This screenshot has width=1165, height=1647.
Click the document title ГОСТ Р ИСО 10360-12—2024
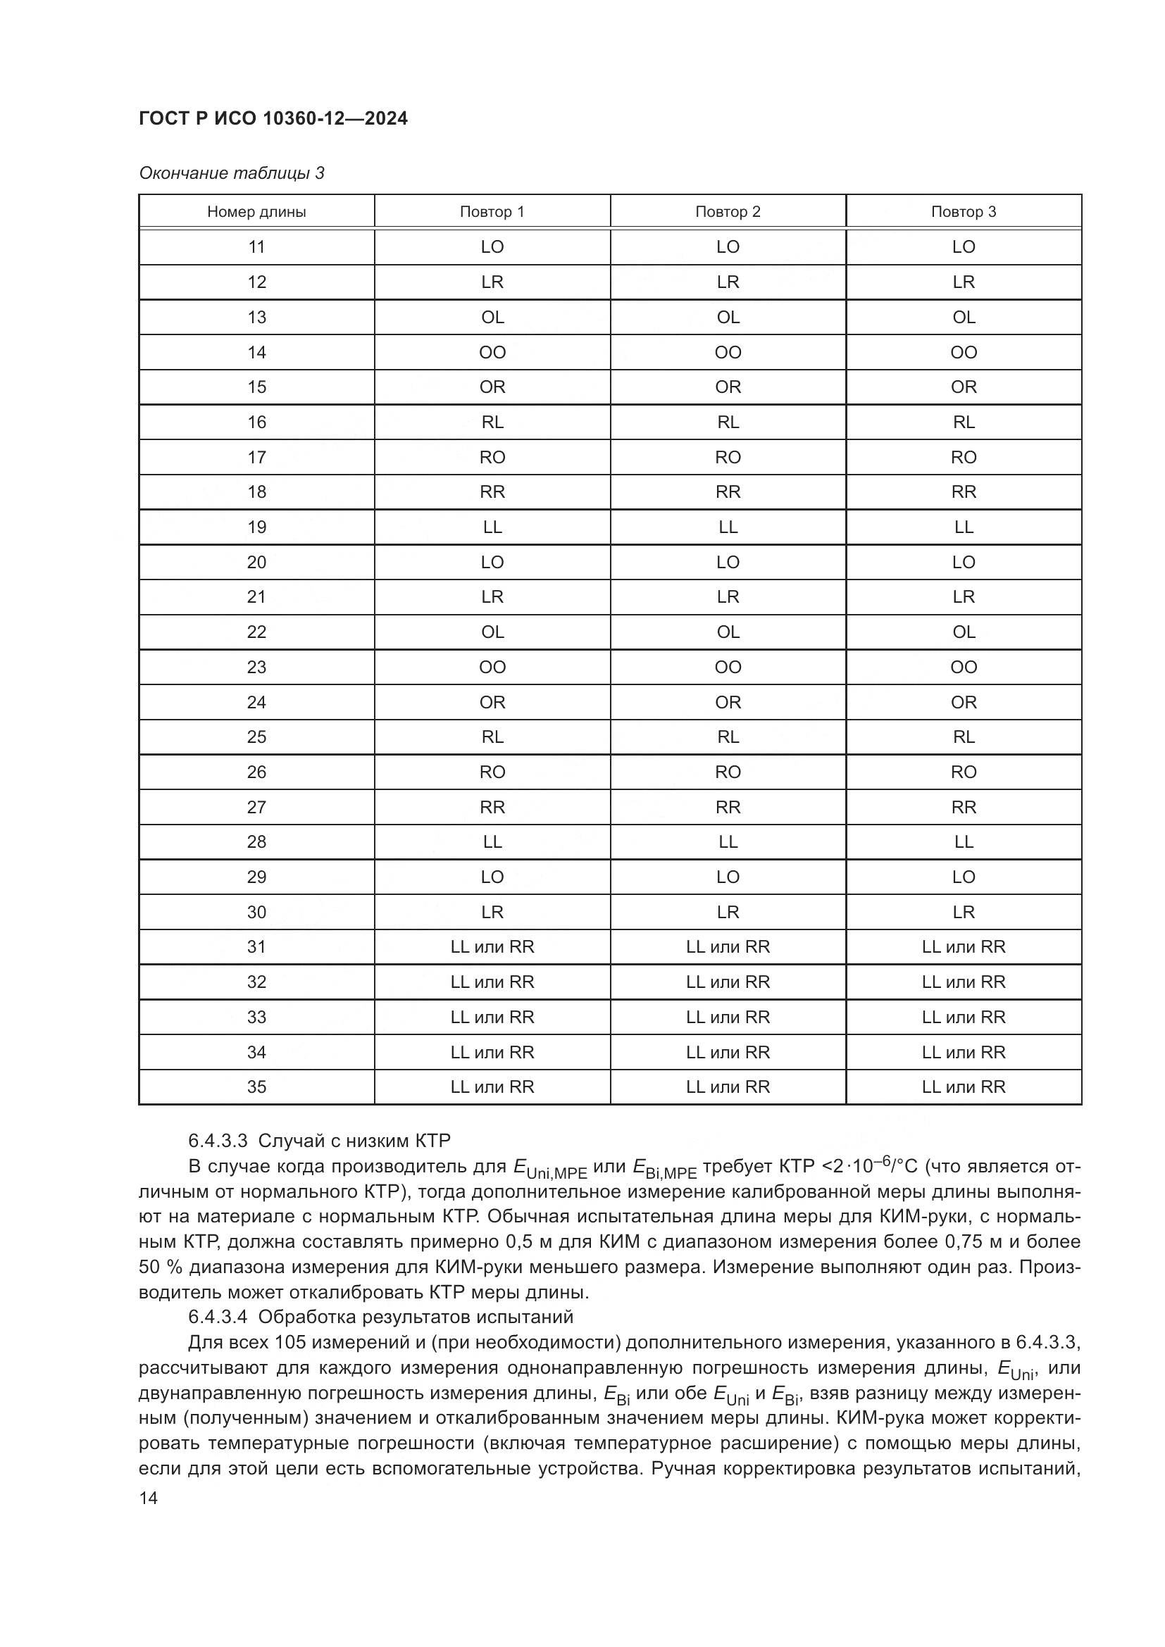273,119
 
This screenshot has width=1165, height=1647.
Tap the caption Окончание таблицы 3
232,173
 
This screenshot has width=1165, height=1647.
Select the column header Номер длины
256,212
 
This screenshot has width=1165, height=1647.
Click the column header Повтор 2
728,212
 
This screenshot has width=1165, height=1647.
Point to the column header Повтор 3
964,212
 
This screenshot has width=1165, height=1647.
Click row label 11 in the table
256,246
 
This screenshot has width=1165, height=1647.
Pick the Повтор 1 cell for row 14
492,352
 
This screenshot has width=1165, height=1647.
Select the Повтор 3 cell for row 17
964,457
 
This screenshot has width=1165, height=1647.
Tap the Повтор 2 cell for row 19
728,527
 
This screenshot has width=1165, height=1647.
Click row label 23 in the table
256,667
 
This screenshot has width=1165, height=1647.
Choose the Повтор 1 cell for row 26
492,772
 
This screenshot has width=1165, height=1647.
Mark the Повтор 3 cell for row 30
964,912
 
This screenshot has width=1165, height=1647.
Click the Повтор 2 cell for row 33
728,1017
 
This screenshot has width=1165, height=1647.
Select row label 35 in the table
256,1086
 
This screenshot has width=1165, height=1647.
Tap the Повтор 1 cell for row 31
492,947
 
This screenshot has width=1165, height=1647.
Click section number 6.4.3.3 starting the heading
218,1141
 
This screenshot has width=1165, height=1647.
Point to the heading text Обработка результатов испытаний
416,1316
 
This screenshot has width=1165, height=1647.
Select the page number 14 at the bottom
148,1498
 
